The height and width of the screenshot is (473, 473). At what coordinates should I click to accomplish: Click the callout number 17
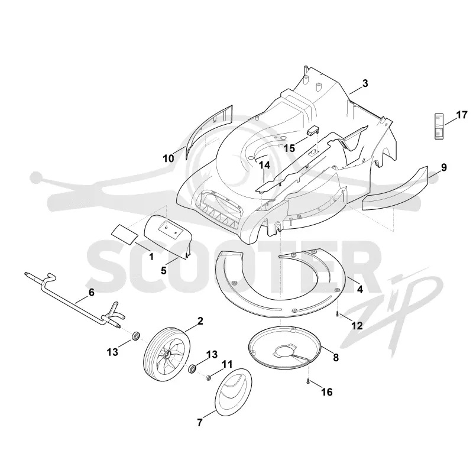(x=461, y=115)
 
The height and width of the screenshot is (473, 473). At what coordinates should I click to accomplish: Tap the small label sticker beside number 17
(x=439, y=127)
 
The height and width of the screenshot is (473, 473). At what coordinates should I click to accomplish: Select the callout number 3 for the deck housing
(x=365, y=83)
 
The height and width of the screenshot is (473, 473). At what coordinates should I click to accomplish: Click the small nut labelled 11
(x=208, y=377)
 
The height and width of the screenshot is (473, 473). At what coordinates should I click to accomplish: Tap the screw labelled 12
(x=337, y=315)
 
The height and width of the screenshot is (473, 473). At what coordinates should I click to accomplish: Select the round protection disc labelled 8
(x=284, y=348)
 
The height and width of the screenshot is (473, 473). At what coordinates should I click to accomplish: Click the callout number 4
(x=360, y=289)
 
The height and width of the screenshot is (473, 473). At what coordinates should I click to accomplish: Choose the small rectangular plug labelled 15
(x=313, y=131)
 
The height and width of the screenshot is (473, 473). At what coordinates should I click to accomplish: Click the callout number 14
(x=264, y=166)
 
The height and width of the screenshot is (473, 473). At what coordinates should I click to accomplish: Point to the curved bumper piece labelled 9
(x=395, y=190)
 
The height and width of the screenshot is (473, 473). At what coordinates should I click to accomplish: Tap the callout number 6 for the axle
(x=91, y=292)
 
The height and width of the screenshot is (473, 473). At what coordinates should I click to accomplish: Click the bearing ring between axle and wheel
(x=137, y=335)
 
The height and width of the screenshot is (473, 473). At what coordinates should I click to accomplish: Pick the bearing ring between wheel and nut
(x=192, y=368)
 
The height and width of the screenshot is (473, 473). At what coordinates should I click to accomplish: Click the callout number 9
(x=444, y=167)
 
